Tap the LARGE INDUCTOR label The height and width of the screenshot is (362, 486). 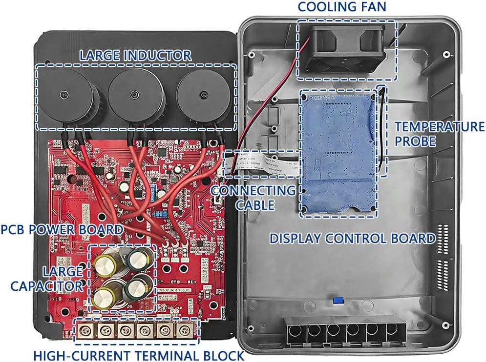click(135, 55)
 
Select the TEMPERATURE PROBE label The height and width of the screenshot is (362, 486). click(439, 134)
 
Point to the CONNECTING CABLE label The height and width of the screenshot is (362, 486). click(253, 197)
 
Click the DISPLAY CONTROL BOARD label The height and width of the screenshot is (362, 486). click(352, 238)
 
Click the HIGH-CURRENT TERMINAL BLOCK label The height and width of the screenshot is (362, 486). click(138, 355)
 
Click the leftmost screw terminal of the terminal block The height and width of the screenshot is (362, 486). click(84, 331)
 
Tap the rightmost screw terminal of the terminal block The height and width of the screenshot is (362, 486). click(184, 331)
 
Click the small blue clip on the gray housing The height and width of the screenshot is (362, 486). click(336, 299)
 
